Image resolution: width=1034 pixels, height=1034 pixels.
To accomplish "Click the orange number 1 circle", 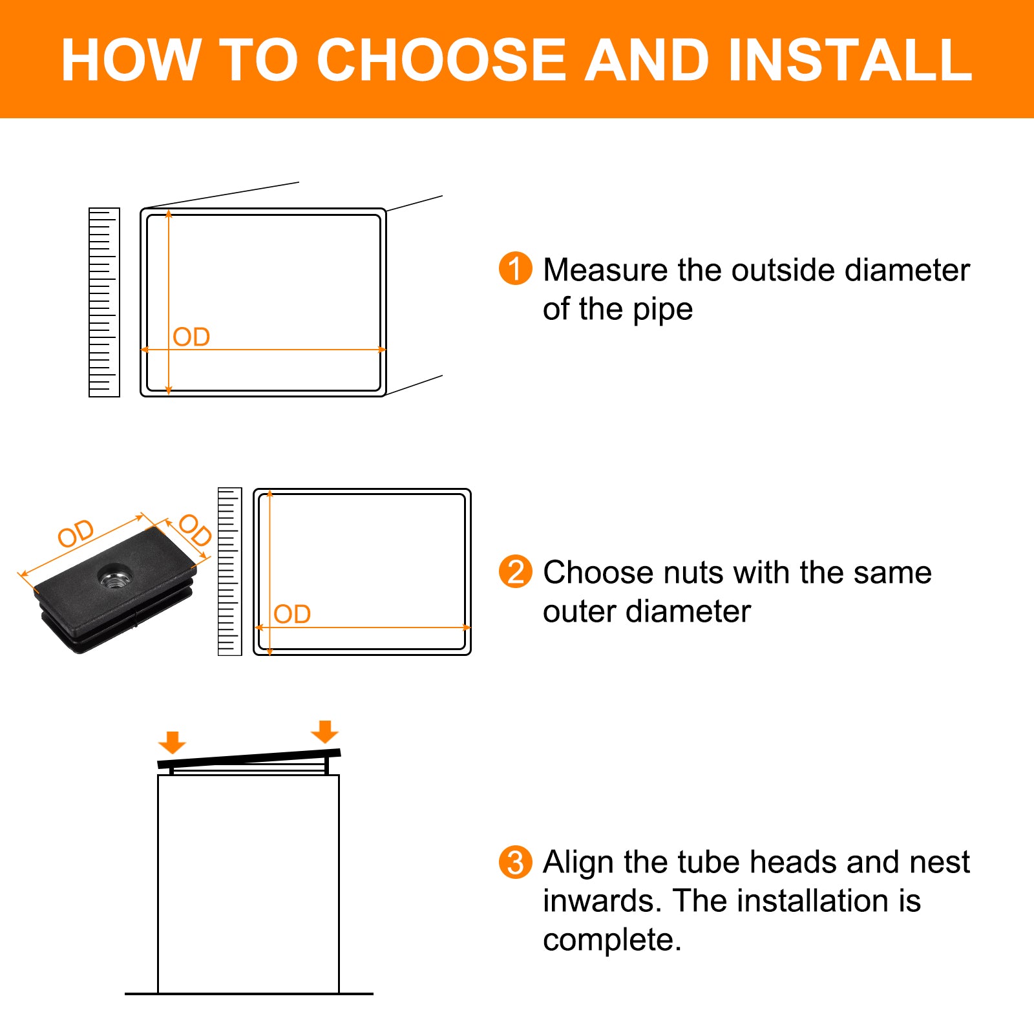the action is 515,268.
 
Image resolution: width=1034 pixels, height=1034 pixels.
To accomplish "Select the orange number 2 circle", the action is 515,571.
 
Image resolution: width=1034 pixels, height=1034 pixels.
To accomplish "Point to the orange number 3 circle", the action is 515,861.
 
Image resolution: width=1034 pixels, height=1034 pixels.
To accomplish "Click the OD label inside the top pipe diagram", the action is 191,337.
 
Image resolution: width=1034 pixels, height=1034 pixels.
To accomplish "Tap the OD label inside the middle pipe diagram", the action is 292,614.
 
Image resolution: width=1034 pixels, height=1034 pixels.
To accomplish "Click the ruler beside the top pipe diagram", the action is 104,302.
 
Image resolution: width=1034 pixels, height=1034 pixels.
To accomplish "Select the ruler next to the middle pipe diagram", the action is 229,571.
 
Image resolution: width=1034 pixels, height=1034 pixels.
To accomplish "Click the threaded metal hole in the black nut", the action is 114,576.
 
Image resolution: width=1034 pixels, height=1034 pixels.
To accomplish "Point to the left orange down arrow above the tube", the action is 172,743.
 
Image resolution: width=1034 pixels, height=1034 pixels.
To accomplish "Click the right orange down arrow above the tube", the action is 324,732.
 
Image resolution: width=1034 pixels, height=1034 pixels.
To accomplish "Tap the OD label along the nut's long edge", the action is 76,533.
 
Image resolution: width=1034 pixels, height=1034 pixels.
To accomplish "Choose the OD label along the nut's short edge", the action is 195,530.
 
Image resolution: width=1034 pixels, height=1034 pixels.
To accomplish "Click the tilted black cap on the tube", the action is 249,759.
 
